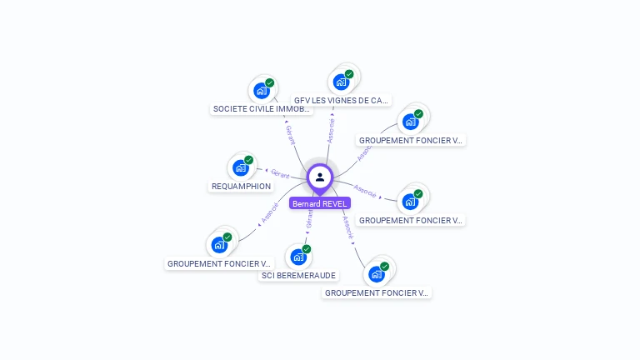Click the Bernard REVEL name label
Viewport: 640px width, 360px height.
[320, 203]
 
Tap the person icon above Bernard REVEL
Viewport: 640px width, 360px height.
[320, 177]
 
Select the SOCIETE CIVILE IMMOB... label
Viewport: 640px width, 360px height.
[262, 108]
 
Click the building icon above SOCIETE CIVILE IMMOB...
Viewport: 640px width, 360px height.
[261, 91]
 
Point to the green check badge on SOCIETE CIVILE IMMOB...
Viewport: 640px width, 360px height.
[270, 83]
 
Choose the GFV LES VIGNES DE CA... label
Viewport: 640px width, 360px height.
[341, 100]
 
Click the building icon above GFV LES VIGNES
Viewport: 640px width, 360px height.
[340, 82]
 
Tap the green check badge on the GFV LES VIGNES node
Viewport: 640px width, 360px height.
[349, 74]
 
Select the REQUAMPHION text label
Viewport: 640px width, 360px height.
[241, 186]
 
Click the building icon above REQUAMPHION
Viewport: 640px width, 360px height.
[240, 167]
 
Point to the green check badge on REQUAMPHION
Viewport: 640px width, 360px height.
[249, 160]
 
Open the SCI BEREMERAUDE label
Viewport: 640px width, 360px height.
[298, 275]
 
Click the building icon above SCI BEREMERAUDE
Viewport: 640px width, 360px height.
[297, 257]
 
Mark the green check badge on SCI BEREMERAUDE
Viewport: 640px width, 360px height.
[307, 249]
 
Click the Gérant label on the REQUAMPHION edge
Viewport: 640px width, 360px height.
[280, 174]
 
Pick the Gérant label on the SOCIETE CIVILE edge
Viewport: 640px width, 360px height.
[290, 137]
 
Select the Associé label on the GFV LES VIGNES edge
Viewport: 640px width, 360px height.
[331, 131]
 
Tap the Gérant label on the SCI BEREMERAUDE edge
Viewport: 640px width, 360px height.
[310, 218]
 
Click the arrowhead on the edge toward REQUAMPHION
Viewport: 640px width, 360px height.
[266, 171]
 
